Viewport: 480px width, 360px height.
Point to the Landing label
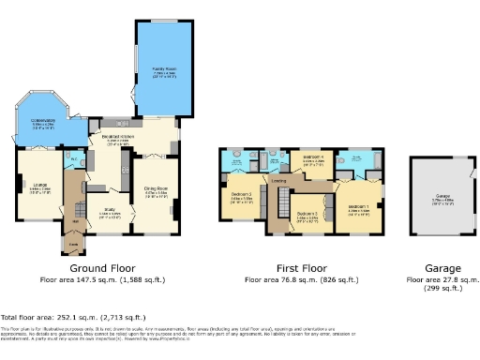point(278,180)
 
